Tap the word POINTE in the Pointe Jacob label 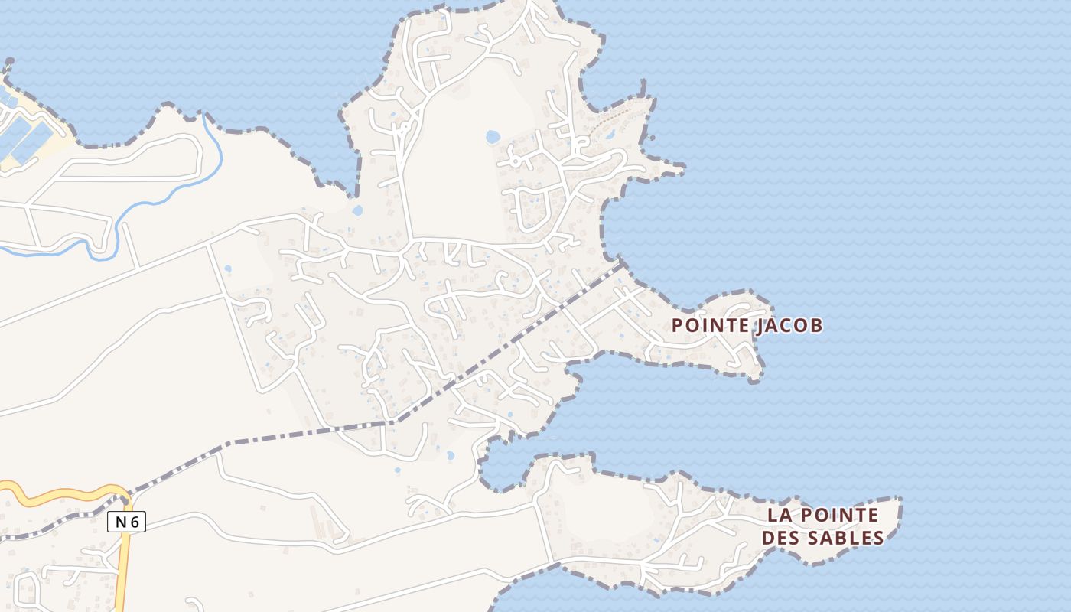coord(710,325)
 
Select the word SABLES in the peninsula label coord(848,538)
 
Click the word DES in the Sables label coord(781,538)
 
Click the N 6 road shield coord(126,522)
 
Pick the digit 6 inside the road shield coord(135,522)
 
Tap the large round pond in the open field coord(493,137)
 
